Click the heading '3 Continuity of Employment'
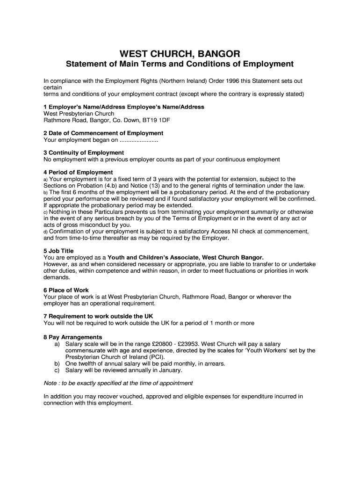pyautogui.click(x=84, y=152)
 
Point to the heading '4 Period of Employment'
pyautogui.click(x=78, y=172)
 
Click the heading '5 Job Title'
pyautogui.click(x=58, y=251)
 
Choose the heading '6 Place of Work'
pyautogui.click(x=66, y=290)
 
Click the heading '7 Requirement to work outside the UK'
pyautogui.click(x=98, y=316)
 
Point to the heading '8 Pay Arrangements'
pyautogui.click(x=72, y=337)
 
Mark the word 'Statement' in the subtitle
pyautogui.click(x=86, y=64)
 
